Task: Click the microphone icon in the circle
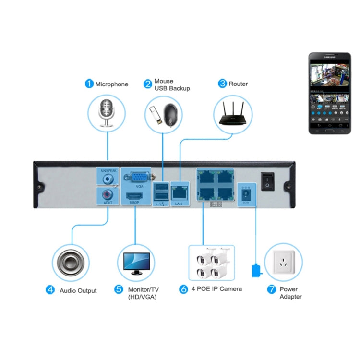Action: click(107, 113)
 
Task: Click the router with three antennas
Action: click(233, 116)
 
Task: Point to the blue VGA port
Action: click(140, 176)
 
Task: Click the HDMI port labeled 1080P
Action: click(134, 196)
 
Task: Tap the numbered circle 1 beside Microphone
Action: click(89, 84)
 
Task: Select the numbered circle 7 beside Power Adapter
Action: click(272, 289)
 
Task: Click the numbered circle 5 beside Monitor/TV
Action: click(118, 289)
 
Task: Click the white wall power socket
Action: click(283, 262)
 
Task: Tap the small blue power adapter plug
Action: click(256, 271)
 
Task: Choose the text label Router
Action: click(238, 84)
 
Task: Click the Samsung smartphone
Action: click(329, 93)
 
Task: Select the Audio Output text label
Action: click(78, 290)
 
